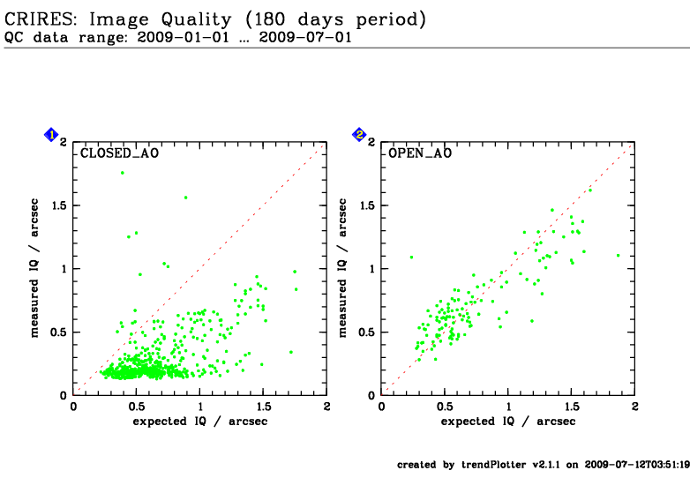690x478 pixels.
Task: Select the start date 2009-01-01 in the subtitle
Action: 184,37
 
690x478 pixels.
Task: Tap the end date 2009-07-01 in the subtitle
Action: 305,37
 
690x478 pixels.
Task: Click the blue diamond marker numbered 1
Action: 51,135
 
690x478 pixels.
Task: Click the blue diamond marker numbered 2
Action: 359,135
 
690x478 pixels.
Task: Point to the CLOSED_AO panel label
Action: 119,153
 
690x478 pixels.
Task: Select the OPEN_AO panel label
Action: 420,153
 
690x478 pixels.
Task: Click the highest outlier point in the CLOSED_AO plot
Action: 123,173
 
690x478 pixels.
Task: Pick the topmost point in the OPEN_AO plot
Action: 590,190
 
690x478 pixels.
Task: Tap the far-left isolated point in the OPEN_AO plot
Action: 411,257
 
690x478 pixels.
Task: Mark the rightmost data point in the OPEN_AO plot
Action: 619,255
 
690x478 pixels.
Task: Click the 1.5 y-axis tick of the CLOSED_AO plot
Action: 60,205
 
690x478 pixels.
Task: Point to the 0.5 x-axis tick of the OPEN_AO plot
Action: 445,407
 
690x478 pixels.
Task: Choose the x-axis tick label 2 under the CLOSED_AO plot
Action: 326,407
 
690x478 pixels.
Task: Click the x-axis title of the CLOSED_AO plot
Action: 200,422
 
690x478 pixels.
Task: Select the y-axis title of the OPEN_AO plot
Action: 342,268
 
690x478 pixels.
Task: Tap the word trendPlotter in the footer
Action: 494,465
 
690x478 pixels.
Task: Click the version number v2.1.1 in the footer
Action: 546,465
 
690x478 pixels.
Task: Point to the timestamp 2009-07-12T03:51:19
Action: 637,465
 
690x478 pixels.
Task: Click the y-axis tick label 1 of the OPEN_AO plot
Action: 372,269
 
